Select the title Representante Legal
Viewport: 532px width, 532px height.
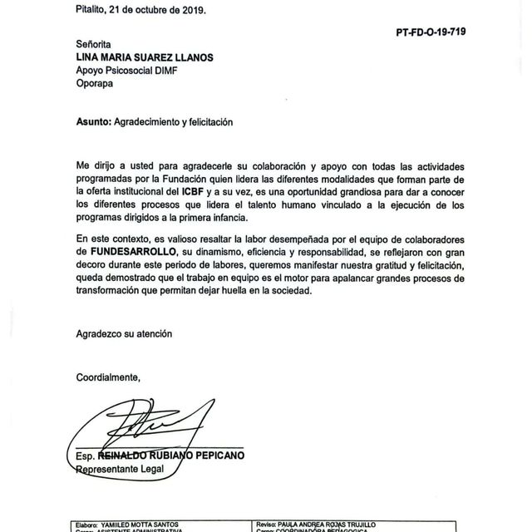click(x=121, y=469)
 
